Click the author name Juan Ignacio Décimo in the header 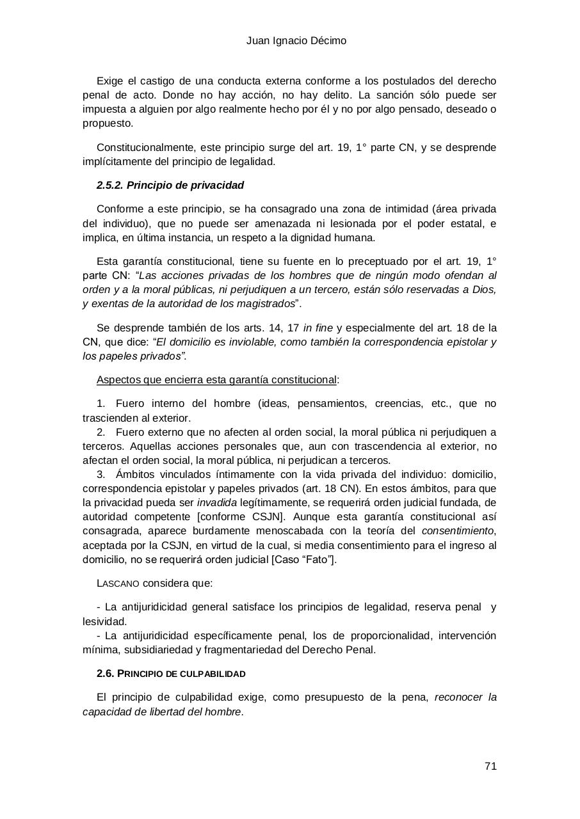(296, 41)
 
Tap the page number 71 (490, 767)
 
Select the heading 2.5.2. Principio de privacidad (170, 186)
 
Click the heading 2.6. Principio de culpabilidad (171, 674)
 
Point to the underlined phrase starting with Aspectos (216, 380)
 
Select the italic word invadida (216, 503)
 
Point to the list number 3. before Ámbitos (101, 475)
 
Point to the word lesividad (104, 621)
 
